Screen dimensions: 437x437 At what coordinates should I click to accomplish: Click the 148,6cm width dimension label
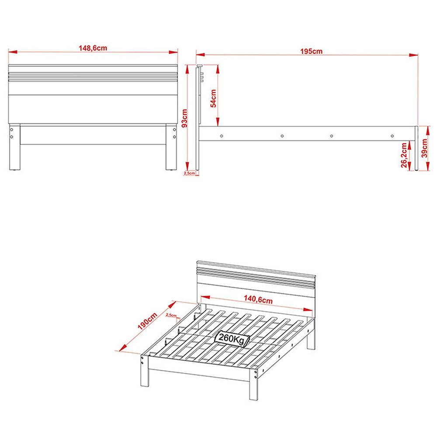[93, 48]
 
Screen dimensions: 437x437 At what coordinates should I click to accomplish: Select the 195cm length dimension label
[311, 51]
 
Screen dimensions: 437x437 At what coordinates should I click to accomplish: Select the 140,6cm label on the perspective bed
[258, 300]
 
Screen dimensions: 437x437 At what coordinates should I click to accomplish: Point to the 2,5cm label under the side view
[189, 173]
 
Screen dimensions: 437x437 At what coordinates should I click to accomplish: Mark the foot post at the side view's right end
[417, 149]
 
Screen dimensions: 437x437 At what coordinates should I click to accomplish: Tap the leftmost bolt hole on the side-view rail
[222, 135]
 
